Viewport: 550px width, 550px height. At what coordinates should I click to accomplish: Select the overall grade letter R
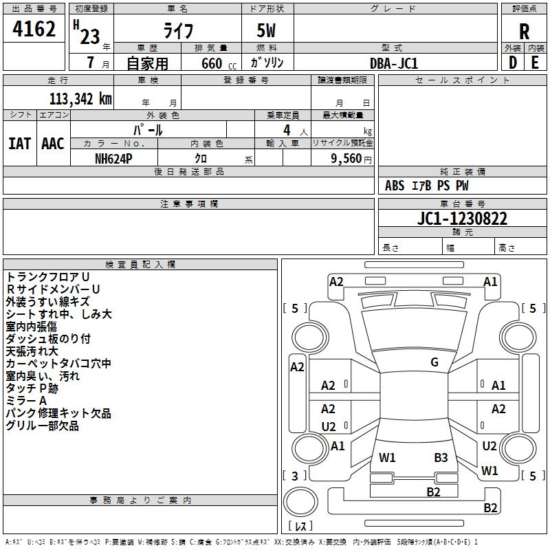[524, 31]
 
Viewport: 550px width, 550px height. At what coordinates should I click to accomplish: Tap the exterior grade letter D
[512, 63]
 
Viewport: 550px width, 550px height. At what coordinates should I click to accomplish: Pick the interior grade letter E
[535, 63]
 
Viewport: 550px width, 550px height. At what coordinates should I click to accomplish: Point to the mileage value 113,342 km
[80, 99]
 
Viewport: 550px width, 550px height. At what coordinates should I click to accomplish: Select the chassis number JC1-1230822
[462, 219]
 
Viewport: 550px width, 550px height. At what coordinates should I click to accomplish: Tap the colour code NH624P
[114, 158]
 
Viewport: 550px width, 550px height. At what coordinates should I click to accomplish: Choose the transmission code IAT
[19, 143]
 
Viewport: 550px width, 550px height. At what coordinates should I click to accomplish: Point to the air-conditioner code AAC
[52, 143]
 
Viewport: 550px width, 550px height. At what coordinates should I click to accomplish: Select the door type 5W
[267, 32]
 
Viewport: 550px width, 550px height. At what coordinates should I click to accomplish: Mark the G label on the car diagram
[434, 362]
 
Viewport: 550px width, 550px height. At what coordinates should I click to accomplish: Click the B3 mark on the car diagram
[441, 457]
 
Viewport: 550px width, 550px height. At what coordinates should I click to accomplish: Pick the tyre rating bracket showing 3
[295, 475]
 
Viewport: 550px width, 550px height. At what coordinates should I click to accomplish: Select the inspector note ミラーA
[26, 401]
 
